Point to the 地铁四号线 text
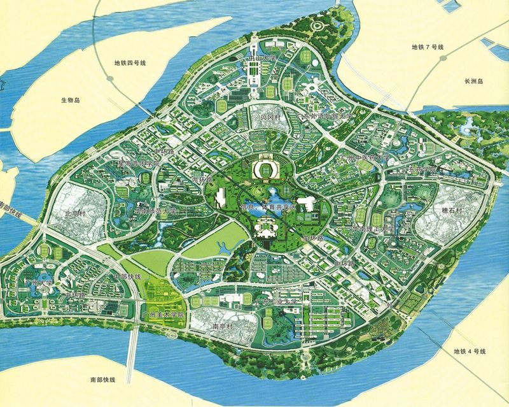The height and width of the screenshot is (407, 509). tap(130, 63)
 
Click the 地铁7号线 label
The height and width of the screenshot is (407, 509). tap(427, 48)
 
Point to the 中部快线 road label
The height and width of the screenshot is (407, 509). tap(125, 277)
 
